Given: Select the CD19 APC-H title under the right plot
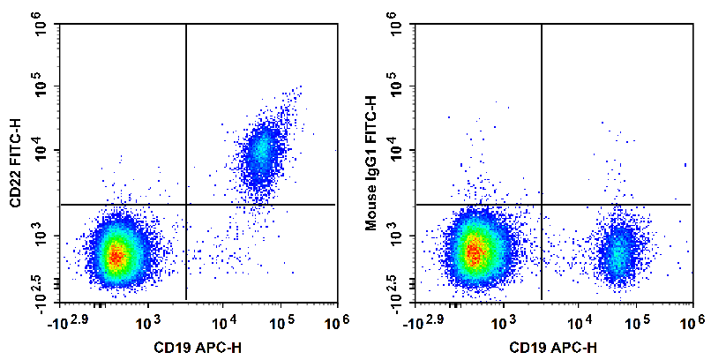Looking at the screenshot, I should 555,347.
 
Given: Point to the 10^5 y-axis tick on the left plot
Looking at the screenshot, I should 44,86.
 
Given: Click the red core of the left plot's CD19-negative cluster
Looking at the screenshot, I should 116,255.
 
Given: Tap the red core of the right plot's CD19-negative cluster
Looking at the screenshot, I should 474,252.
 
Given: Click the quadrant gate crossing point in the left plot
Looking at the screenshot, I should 186,205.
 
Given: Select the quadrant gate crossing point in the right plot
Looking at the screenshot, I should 541,205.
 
